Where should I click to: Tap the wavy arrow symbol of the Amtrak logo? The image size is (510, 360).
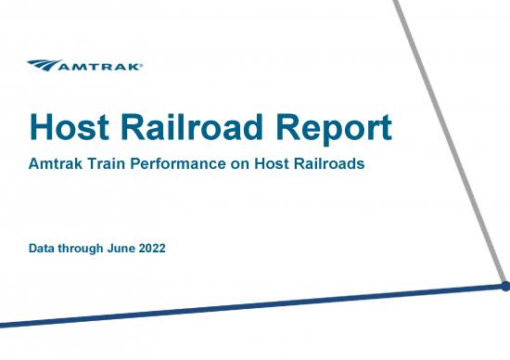coord(46,65)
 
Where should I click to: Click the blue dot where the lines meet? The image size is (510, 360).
coord(505,287)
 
